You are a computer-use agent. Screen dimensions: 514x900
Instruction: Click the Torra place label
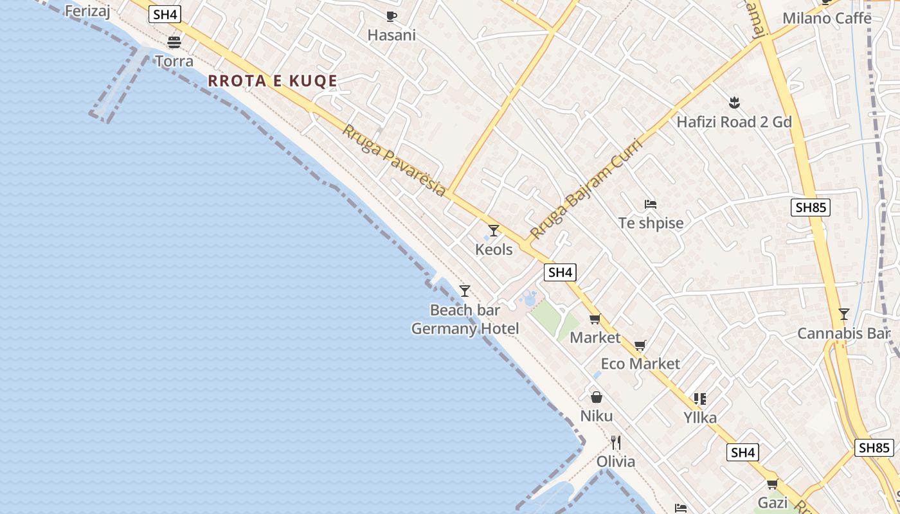pyautogui.click(x=174, y=62)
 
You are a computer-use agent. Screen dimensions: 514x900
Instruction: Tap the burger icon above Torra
pyautogui.click(x=174, y=42)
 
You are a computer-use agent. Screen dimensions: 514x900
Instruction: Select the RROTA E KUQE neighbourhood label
pyautogui.click(x=273, y=81)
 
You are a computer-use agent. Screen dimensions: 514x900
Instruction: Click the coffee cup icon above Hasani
pyautogui.click(x=391, y=16)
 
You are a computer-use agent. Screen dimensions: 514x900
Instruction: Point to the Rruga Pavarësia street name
pyautogui.click(x=394, y=160)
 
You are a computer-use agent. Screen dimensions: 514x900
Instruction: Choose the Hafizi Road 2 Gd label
pyautogui.click(x=734, y=122)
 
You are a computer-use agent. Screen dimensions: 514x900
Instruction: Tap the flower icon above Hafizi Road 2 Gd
pyautogui.click(x=733, y=102)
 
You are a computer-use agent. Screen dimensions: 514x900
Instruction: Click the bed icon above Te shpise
pyautogui.click(x=651, y=204)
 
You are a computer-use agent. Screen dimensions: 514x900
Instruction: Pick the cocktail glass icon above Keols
pyautogui.click(x=494, y=230)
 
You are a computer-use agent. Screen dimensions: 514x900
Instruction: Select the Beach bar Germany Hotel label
pyautogui.click(x=465, y=319)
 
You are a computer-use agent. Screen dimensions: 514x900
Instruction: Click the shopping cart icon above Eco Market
pyautogui.click(x=640, y=346)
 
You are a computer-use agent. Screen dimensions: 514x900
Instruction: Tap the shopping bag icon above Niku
pyautogui.click(x=597, y=397)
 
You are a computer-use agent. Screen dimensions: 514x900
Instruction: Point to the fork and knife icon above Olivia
pyautogui.click(x=616, y=442)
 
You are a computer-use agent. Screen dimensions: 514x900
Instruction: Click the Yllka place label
pyautogui.click(x=700, y=418)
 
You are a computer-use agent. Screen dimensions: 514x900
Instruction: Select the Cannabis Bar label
pyautogui.click(x=843, y=333)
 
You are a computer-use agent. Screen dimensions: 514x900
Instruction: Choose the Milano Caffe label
pyautogui.click(x=827, y=18)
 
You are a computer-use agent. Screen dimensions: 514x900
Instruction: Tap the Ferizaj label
pyautogui.click(x=87, y=10)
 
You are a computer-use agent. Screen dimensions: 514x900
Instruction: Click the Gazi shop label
pyautogui.click(x=773, y=502)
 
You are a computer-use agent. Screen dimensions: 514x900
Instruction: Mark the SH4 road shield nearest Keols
pyautogui.click(x=560, y=272)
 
